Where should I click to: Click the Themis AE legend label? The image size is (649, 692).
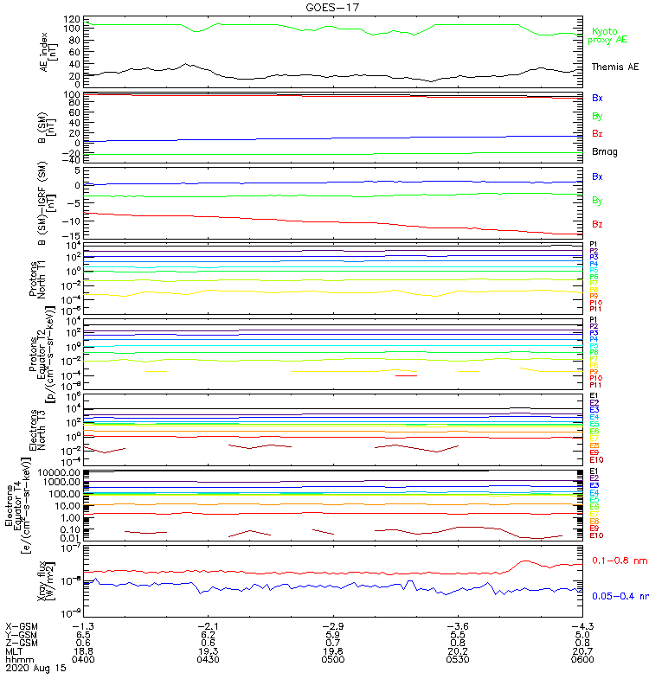click(x=615, y=67)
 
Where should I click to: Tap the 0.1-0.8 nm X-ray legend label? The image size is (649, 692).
click(x=619, y=561)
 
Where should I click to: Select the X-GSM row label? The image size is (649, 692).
click(x=22, y=625)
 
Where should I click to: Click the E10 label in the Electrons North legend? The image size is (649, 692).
click(x=596, y=460)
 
